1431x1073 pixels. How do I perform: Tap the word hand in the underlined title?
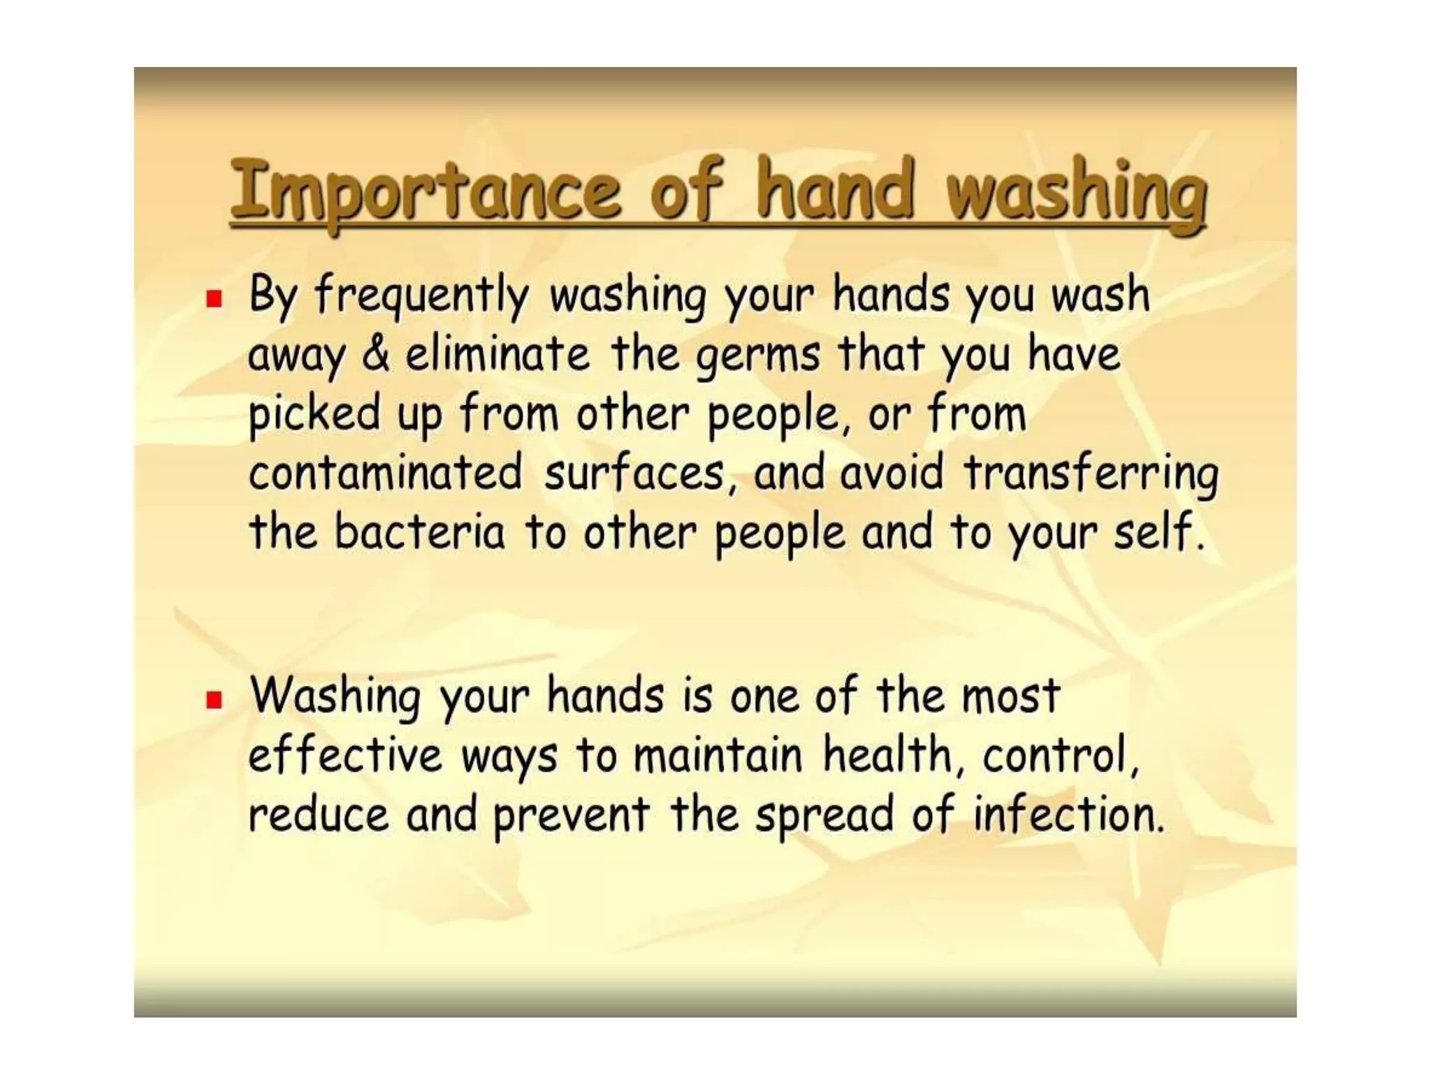pyautogui.click(x=836, y=189)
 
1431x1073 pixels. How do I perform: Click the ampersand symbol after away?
pyautogui.click(x=376, y=354)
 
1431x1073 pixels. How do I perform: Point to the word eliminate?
pyautogui.click(x=498, y=354)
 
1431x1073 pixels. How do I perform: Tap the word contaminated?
pyautogui.click(x=386, y=473)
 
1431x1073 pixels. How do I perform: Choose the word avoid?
pyautogui.click(x=891, y=473)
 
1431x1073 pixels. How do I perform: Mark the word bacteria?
pyautogui.click(x=419, y=532)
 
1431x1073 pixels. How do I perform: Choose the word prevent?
pyautogui.click(x=572, y=816)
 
